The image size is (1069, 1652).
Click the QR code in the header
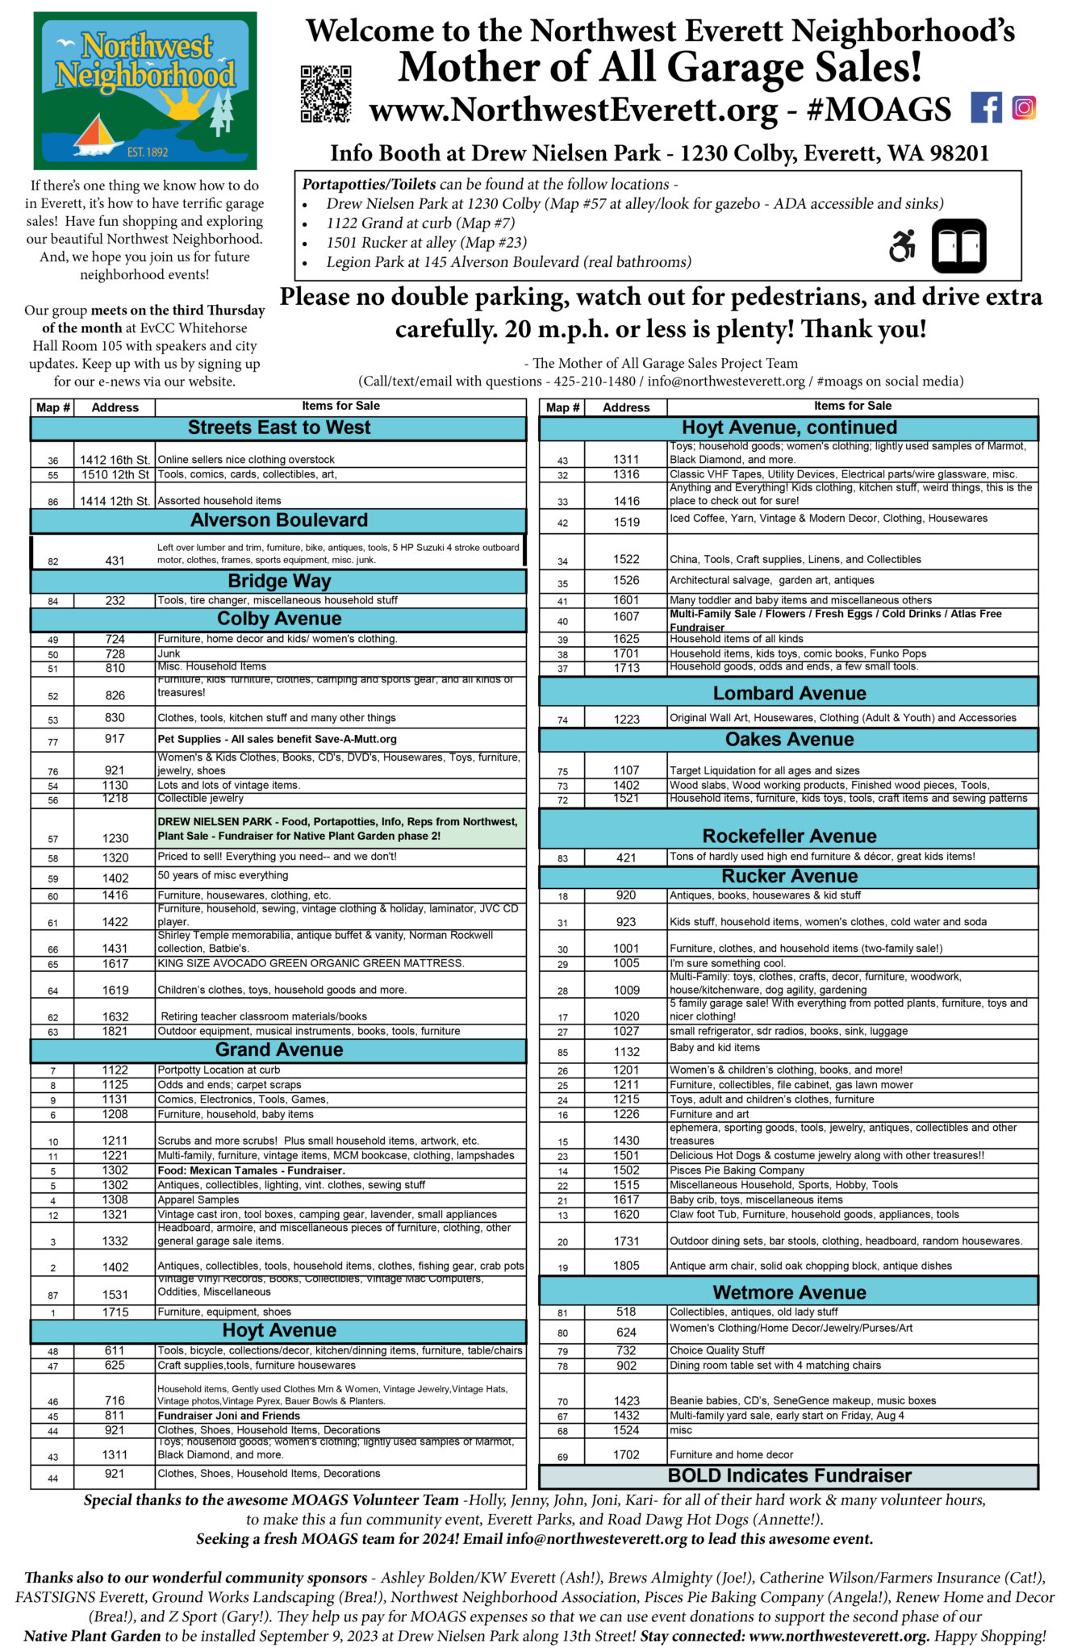click(x=326, y=94)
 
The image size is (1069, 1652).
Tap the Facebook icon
click(x=986, y=107)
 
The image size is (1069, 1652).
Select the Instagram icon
click(x=1024, y=107)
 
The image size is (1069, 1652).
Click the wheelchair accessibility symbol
click(x=903, y=246)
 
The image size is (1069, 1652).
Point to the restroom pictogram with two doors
click(x=958, y=246)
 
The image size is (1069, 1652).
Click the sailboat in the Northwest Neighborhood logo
click(x=98, y=135)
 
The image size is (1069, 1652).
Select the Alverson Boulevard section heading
click(x=278, y=520)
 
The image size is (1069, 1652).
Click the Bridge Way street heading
click(x=278, y=581)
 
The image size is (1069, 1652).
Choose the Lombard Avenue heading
click(x=788, y=693)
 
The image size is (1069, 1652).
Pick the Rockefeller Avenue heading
click(x=788, y=835)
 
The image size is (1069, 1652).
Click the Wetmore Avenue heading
click(x=788, y=1292)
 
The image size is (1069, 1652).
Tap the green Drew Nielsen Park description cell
click(x=340, y=829)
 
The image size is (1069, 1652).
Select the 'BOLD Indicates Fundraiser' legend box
click(x=788, y=1475)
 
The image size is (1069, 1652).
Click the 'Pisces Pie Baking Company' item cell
click(x=852, y=1170)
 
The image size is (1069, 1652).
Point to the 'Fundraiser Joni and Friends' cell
click(x=340, y=1416)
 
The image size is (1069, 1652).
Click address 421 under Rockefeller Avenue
click(x=626, y=857)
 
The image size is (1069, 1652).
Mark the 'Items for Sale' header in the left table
click(x=340, y=407)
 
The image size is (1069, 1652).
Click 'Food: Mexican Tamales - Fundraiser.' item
click(x=340, y=1170)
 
